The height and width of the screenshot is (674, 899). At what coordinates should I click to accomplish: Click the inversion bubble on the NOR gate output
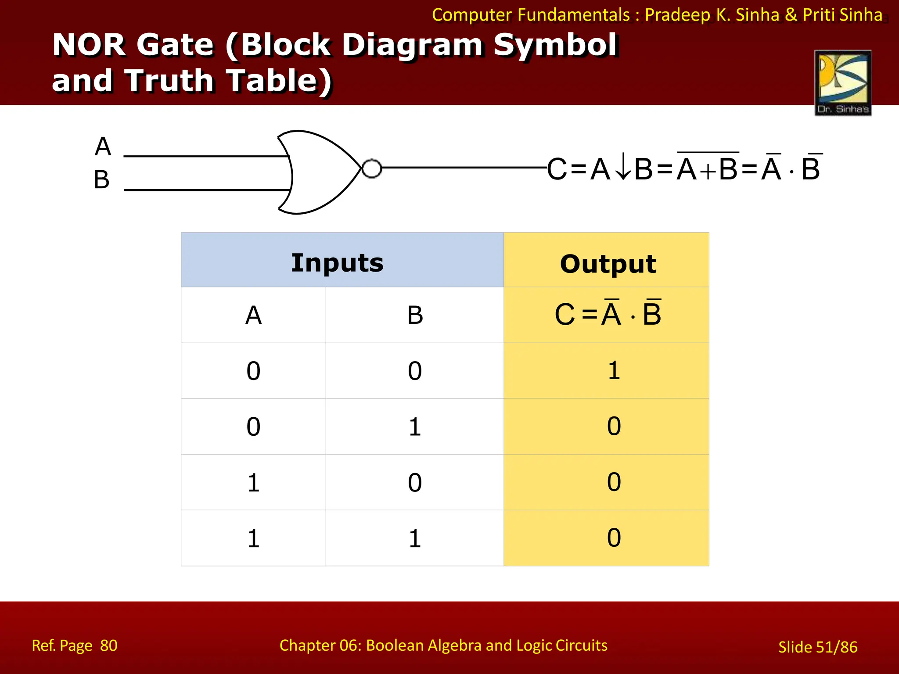coord(372,168)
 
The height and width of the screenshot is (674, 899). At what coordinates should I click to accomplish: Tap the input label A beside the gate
coord(103,146)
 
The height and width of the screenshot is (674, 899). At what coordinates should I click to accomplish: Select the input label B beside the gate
coord(102,180)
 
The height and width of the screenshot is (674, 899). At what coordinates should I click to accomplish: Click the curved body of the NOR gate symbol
coord(320,172)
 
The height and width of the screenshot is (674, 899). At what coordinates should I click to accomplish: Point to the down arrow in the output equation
coord(622,169)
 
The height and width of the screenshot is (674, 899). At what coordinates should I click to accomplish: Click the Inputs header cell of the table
coord(337,263)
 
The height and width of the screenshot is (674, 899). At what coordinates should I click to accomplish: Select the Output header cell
coord(608,264)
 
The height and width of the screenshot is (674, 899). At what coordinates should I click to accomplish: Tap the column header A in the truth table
coord(253,315)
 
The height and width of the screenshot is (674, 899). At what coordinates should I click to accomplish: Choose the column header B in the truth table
coord(415,315)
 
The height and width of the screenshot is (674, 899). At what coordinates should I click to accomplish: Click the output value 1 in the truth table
coord(614,370)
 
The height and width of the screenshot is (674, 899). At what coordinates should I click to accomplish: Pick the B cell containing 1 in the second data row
coord(415,427)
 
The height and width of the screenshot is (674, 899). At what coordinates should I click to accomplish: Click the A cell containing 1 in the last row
coord(253,538)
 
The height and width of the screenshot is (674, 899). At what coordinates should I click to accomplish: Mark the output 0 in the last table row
coord(614,538)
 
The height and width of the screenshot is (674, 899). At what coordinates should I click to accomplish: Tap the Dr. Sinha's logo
coord(843,82)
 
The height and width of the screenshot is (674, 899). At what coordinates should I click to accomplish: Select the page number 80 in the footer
coord(108,645)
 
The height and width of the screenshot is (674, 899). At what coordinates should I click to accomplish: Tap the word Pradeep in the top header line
coord(677,15)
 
